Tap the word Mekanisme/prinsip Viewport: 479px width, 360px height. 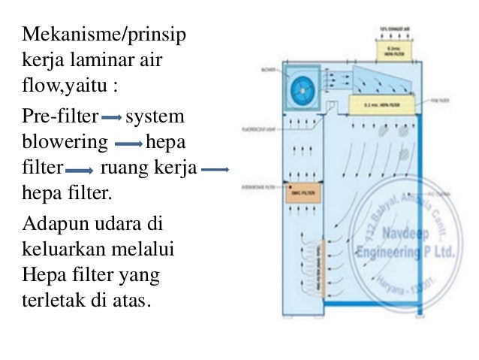pyautogui.click(x=104, y=35)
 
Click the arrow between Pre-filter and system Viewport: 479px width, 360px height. pyautogui.click(x=111, y=119)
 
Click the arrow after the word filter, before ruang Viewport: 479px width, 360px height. pyautogui.click(x=80, y=170)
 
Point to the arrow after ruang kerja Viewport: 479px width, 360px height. pyautogui.click(x=215, y=170)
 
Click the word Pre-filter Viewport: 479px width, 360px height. pyautogui.click(x=61, y=118)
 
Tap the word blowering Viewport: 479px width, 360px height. pyautogui.click(x=65, y=143)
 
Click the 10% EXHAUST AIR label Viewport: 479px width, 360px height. pyautogui.click(x=396, y=30)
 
